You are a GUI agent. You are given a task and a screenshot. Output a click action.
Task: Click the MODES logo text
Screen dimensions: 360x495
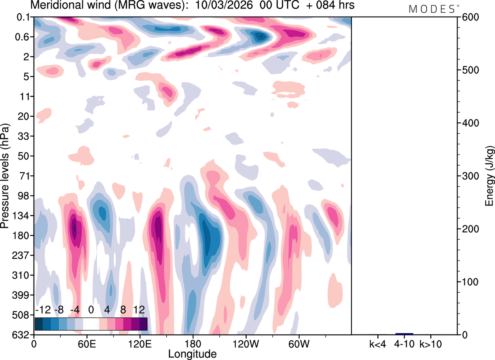432,9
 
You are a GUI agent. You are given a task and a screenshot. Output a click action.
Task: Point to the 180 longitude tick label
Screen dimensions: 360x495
193,343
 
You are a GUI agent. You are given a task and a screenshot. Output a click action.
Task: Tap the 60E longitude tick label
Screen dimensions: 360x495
86,343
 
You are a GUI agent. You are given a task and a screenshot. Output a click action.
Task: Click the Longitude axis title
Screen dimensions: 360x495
192,353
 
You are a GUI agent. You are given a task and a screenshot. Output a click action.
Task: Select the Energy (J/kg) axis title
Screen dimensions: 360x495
490,176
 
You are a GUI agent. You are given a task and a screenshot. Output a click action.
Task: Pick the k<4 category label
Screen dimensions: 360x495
377,343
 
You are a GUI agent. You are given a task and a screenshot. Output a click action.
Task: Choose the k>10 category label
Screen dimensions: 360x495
431,343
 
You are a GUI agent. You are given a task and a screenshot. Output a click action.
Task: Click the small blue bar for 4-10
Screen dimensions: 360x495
404,334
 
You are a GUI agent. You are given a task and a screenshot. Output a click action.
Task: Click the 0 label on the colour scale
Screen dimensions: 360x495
91,310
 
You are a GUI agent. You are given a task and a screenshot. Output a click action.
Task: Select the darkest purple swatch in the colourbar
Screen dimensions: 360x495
143,324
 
